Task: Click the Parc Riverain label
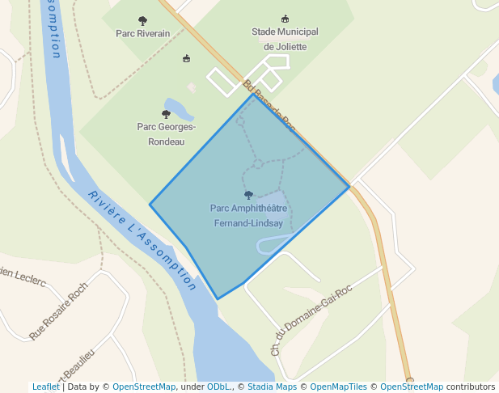tap(143, 34)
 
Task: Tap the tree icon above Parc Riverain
tap(143, 21)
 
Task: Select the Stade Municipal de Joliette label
tap(285, 39)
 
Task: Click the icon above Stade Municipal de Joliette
tap(285, 19)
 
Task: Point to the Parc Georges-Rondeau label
tap(166, 133)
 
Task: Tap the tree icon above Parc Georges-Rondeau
tap(166, 114)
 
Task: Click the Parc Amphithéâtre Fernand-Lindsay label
tap(248, 215)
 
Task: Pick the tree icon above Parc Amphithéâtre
tap(248, 195)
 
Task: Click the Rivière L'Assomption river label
tap(142, 240)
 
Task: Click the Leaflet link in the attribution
tap(46, 387)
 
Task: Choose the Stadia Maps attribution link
tap(272, 387)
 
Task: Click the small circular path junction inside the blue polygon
tap(257, 164)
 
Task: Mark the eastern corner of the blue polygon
tap(349, 187)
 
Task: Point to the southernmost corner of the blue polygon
tap(218, 299)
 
